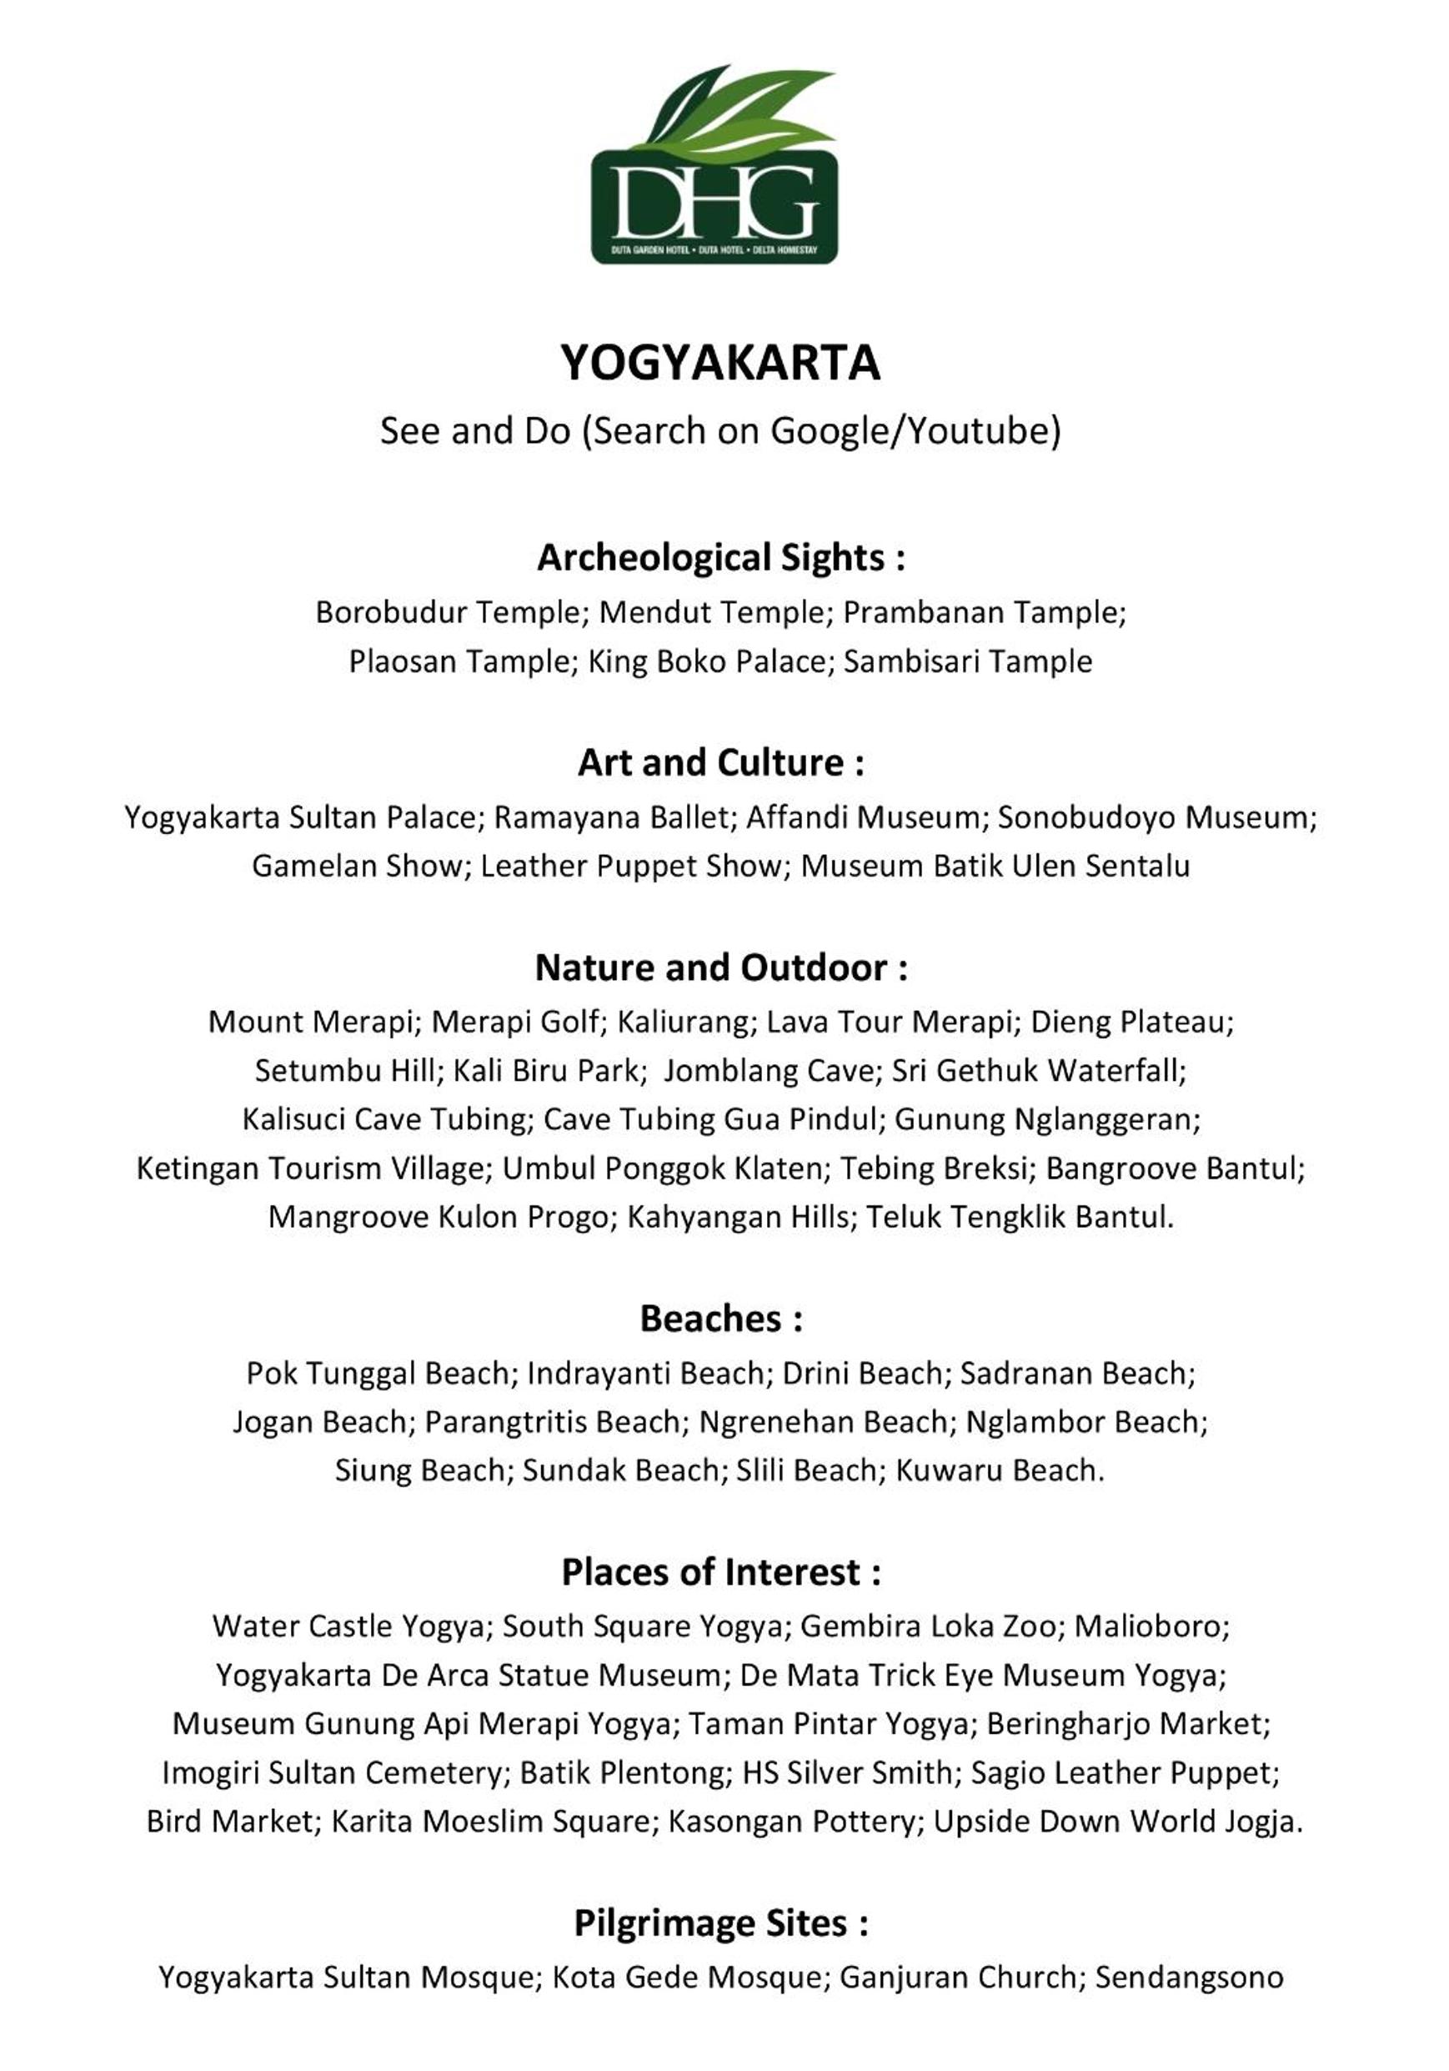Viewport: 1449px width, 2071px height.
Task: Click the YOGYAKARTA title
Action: click(x=719, y=364)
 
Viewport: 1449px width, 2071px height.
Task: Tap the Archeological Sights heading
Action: click(x=719, y=557)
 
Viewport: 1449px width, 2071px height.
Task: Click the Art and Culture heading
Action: click(x=719, y=763)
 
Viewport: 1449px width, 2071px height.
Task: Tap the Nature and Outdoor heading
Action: click(x=719, y=968)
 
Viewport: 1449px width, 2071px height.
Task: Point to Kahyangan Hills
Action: click(x=738, y=1217)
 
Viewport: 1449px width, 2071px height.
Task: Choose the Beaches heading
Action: click(x=719, y=1319)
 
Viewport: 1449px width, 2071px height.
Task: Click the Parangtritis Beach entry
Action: click(x=552, y=1421)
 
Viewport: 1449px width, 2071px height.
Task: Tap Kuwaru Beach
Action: click(x=997, y=1470)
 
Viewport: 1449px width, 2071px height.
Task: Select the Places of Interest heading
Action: click(x=719, y=1572)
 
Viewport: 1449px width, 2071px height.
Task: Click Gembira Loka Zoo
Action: click(x=926, y=1626)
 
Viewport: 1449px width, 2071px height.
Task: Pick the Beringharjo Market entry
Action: click(x=1126, y=1724)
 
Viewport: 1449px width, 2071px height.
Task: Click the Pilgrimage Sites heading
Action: click(x=719, y=1923)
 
